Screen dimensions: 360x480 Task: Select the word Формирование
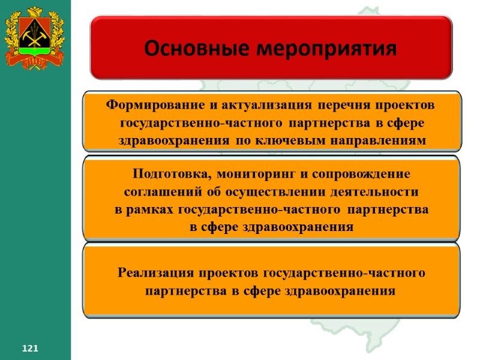[155, 106]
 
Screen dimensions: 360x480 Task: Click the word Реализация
[155, 273]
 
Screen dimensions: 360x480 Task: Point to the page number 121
[30, 349]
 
